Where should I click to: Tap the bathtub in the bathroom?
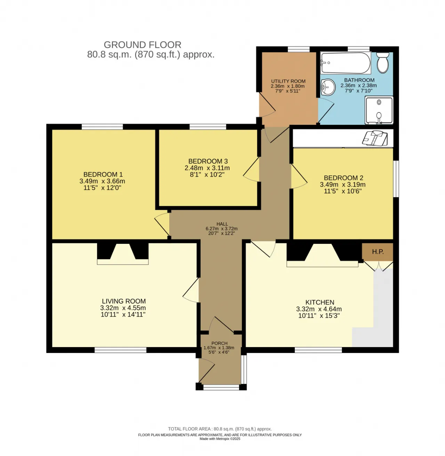345,63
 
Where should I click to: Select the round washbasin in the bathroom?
327,87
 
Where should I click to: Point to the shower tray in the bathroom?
379,110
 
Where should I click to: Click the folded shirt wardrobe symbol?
375,138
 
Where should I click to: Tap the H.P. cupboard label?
378,252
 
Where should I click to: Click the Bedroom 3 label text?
208,161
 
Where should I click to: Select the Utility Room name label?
288,81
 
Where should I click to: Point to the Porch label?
219,343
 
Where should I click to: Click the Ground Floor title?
143,45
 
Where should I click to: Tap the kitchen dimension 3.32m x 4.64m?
319,309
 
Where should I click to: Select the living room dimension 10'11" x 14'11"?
123,314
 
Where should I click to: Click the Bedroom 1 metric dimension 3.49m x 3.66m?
102,181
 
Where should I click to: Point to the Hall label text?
222,224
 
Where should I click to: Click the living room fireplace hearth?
123,262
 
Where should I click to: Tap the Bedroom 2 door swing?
299,176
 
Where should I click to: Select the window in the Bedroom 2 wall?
396,178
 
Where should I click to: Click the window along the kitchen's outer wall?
318,350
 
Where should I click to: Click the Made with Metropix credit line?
220,439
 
